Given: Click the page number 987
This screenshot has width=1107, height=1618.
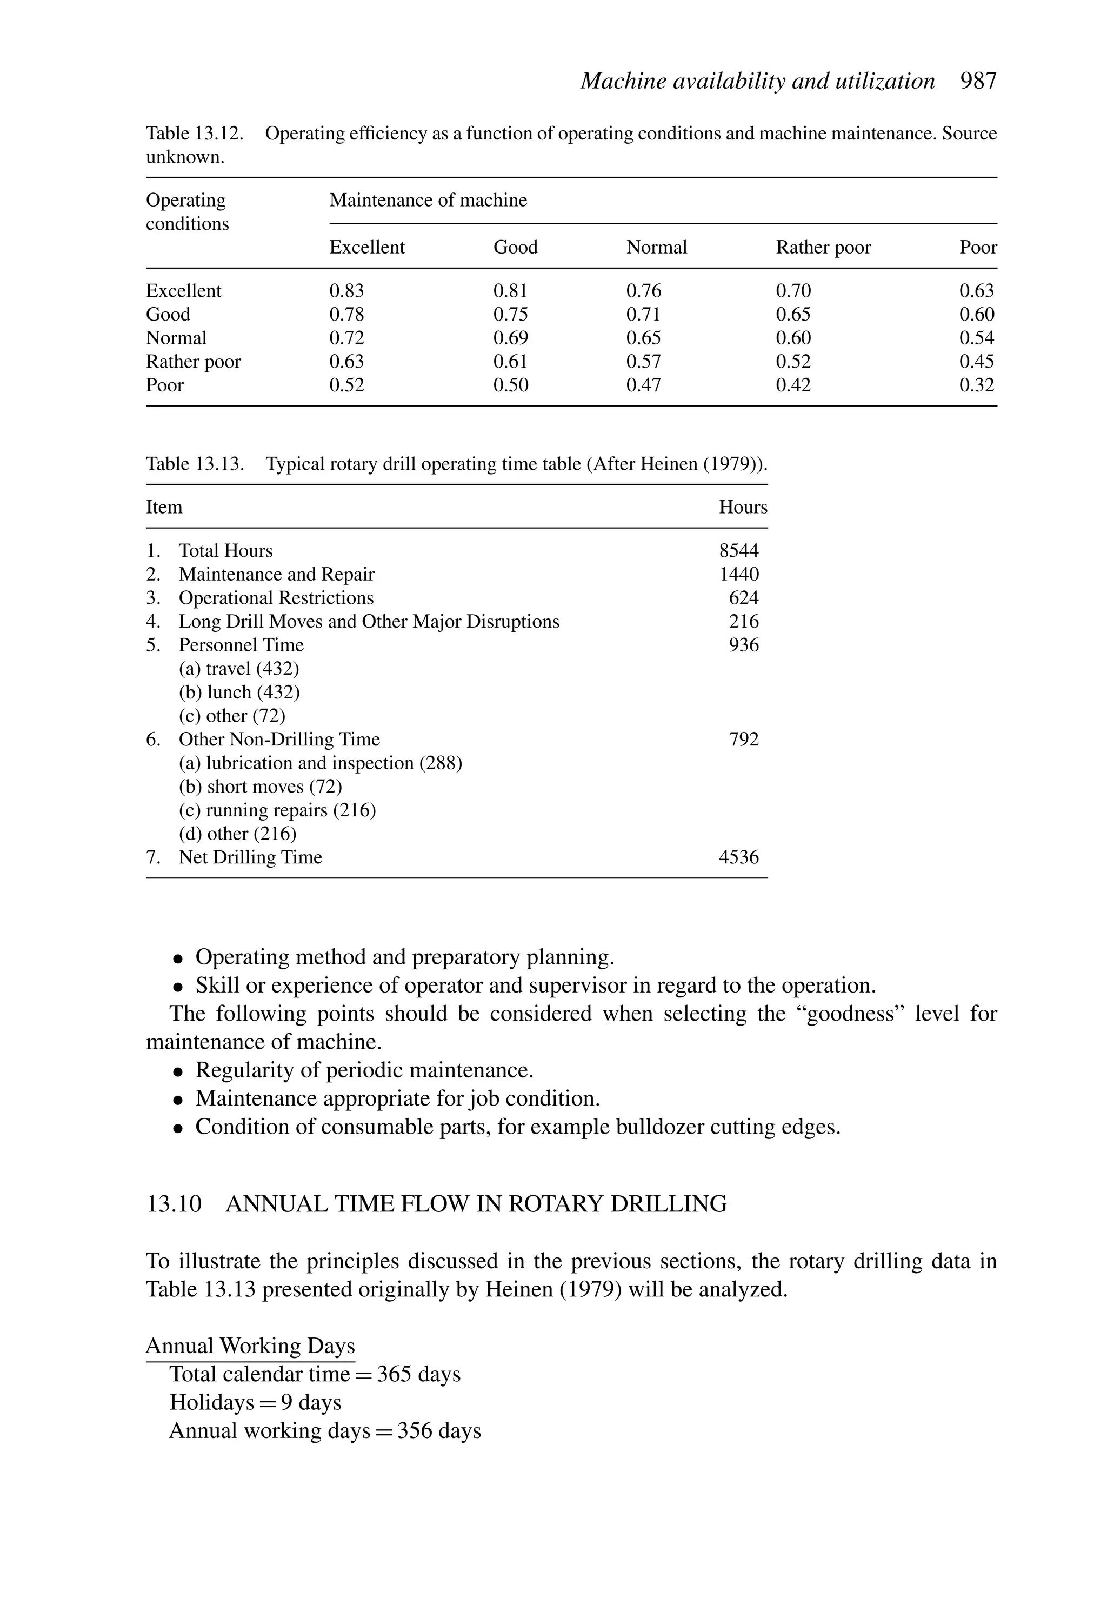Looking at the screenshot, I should [x=978, y=82].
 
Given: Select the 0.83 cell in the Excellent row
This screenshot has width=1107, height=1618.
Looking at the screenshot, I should [x=346, y=290].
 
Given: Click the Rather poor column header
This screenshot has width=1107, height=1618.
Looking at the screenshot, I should [x=823, y=247].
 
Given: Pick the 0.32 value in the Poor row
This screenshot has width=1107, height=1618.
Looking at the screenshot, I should [x=976, y=385].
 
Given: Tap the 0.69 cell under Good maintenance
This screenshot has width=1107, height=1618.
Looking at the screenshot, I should [x=510, y=338].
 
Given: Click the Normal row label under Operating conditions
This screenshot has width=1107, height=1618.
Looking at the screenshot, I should [x=176, y=338].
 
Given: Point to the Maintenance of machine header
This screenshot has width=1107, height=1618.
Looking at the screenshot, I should [x=428, y=201].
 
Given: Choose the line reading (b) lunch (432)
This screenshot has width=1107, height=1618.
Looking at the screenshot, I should [x=239, y=692].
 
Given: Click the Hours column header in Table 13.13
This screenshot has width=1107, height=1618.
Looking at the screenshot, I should [x=742, y=507].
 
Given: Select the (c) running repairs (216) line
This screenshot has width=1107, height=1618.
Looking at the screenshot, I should [x=277, y=810].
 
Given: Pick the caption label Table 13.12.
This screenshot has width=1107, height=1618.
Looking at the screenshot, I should [x=194, y=134].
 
